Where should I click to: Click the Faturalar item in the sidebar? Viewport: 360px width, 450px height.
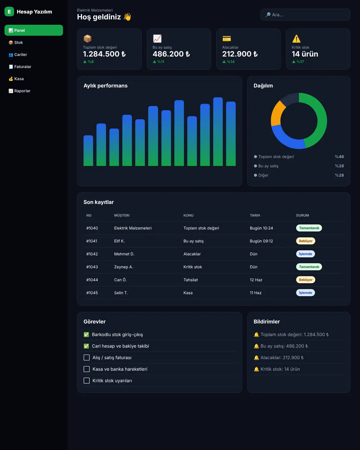(x=20, y=67)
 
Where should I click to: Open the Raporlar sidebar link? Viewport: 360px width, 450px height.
(x=19, y=91)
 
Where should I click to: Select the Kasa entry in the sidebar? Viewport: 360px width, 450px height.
(x=16, y=79)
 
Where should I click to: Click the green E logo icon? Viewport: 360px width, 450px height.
(x=9, y=12)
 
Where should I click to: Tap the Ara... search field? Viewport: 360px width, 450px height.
(x=305, y=15)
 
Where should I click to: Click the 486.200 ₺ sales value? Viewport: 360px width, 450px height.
(x=171, y=54)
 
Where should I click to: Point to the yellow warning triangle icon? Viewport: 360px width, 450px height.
(x=296, y=39)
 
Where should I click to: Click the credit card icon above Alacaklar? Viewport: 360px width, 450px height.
(x=226, y=39)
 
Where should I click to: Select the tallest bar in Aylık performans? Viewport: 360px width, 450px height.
(x=218, y=132)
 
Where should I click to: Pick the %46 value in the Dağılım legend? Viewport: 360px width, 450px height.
(x=339, y=157)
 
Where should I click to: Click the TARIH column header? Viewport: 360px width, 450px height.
(x=255, y=215)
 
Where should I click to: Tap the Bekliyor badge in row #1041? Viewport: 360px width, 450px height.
(x=305, y=241)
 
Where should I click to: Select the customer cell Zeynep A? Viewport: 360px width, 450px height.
(x=123, y=267)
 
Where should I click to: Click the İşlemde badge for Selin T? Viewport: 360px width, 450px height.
(x=305, y=293)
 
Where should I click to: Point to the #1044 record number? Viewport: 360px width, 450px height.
(x=92, y=280)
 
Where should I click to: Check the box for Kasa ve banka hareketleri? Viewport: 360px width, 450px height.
(x=87, y=369)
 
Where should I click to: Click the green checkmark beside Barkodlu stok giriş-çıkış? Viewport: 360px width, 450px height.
(x=86, y=335)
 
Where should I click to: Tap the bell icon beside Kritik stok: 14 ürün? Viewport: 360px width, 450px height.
(x=256, y=369)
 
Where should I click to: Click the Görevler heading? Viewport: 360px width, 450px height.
(x=94, y=321)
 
